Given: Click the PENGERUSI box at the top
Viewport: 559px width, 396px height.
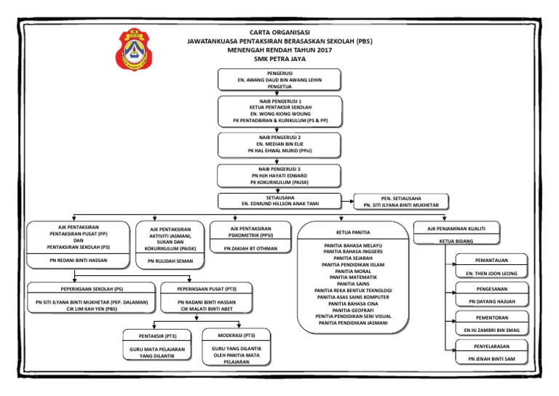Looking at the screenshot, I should [279, 80].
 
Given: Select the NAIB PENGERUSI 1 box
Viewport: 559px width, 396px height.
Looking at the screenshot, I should [279, 111].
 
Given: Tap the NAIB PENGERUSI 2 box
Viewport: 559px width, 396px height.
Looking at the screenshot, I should [279, 145].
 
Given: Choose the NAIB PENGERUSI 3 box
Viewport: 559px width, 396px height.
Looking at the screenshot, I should [279, 176].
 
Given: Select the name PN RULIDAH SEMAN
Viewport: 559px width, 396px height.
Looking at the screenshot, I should [170, 260].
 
